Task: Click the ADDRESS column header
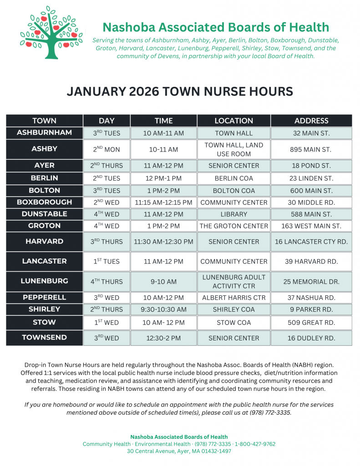point(311,121)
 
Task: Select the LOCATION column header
point(234,121)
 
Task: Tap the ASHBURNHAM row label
point(45,133)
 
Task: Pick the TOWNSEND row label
point(45,338)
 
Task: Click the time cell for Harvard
point(164,242)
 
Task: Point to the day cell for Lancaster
point(106,261)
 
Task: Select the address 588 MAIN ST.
point(311,214)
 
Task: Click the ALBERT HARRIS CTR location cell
point(234,298)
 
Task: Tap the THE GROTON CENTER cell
point(234,226)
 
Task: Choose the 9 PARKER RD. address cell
point(311,309)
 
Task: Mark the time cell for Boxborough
point(164,202)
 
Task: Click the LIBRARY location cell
point(234,214)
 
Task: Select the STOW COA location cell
point(234,323)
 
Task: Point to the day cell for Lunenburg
point(106,282)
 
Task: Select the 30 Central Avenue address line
point(179,451)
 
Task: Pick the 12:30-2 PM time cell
point(164,338)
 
